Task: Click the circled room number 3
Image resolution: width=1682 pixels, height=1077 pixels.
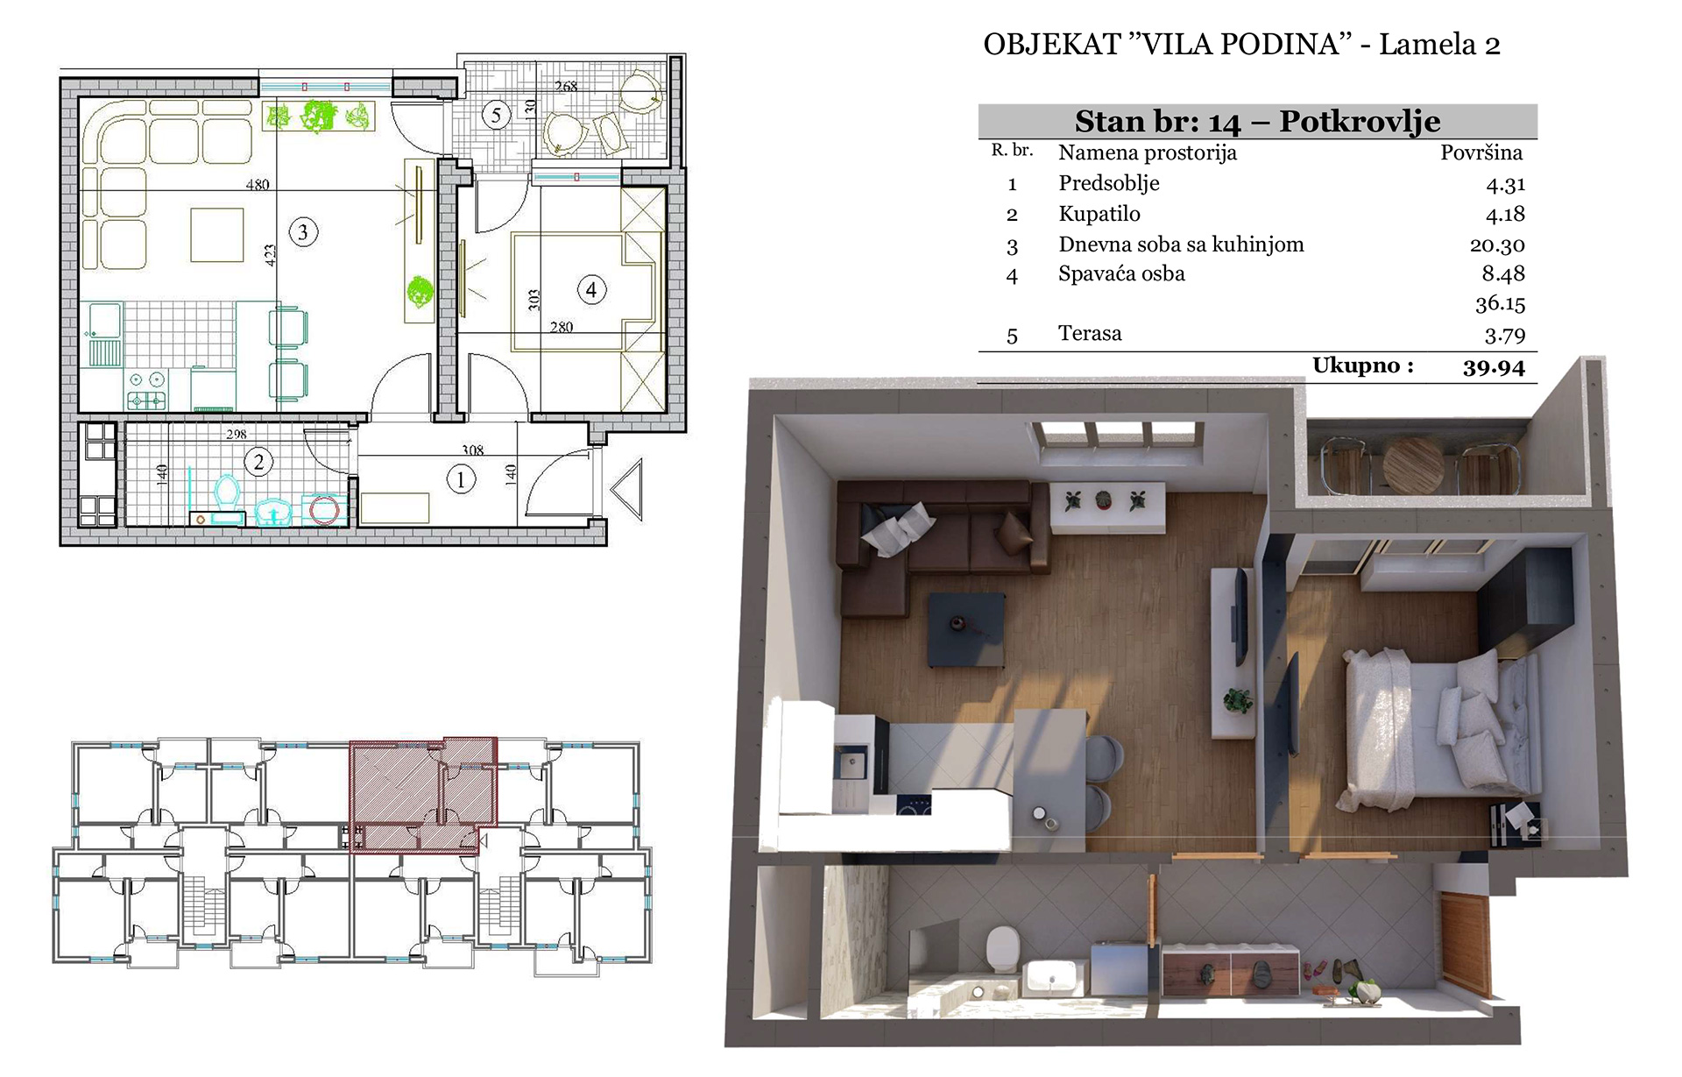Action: click(x=303, y=232)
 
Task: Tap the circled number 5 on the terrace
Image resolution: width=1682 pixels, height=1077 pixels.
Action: click(x=497, y=114)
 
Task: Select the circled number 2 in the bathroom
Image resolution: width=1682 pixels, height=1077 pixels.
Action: click(x=258, y=462)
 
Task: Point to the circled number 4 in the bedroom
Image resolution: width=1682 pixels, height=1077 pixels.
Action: click(x=591, y=290)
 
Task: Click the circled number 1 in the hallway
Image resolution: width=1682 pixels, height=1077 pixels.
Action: click(x=461, y=478)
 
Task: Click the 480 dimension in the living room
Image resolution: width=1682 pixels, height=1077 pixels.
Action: click(x=258, y=185)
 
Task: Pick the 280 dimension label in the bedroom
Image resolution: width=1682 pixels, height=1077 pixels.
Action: click(x=562, y=327)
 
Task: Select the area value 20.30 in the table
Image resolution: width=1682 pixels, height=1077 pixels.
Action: click(x=1497, y=245)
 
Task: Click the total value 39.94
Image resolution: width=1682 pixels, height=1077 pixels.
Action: click(x=1494, y=367)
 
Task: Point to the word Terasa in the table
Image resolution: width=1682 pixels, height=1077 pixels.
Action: click(x=1090, y=333)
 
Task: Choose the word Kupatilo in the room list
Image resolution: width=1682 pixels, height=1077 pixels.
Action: click(x=1099, y=214)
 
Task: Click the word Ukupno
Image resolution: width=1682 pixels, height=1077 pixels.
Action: click(x=1363, y=365)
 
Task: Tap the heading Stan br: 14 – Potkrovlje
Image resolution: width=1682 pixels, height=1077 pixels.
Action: click(x=1257, y=121)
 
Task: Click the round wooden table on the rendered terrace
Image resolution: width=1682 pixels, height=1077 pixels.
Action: click(x=1412, y=466)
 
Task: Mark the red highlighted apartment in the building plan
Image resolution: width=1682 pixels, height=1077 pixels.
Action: click(x=424, y=794)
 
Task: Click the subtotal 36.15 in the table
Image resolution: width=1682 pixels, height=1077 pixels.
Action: click(x=1500, y=304)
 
